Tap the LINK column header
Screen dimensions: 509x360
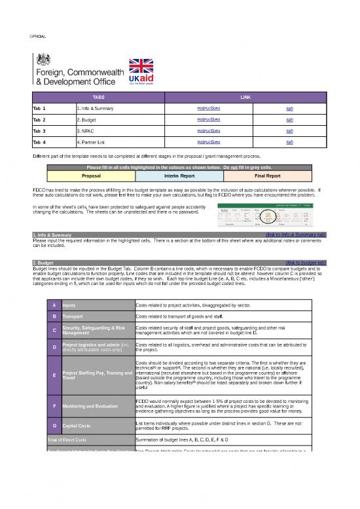pos(246,97)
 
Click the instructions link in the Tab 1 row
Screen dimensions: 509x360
pos(208,108)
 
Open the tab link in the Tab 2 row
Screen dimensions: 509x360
pos(289,120)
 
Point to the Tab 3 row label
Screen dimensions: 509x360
pos(41,131)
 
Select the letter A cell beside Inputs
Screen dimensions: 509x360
pos(52,305)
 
